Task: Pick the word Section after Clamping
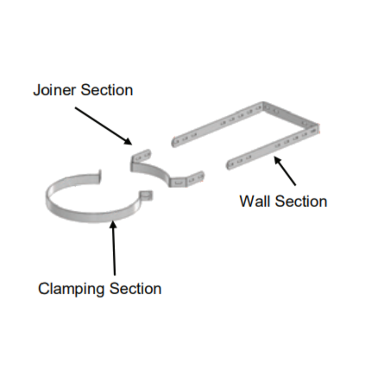pyautogui.click(x=135, y=288)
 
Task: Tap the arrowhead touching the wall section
pyautogui.click(x=277, y=160)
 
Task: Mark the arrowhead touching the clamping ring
pyautogui.click(x=113, y=225)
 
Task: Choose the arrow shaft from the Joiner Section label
pyautogui.click(x=100, y=123)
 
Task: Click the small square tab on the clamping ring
pyautogui.click(x=147, y=196)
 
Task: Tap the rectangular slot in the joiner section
pyautogui.click(x=179, y=183)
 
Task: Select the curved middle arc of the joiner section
pyautogui.click(x=153, y=172)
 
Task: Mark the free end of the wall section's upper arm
pyautogui.click(x=175, y=141)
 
